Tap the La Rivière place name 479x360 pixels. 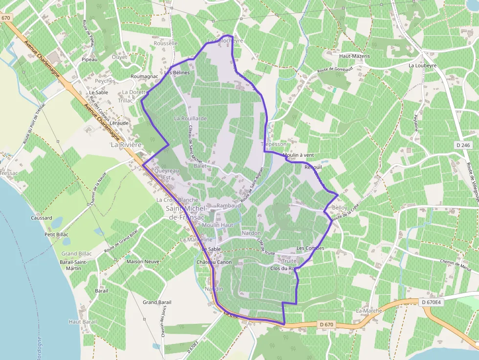click(126, 145)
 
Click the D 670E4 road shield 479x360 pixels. click(431, 302)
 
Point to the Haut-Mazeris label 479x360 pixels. click(354, 56)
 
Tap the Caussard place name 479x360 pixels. click(41, 218)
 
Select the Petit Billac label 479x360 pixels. click(57, 234)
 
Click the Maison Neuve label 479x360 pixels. click(143, 261)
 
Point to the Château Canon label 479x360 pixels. click(214, 262)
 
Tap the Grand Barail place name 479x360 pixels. click(157, 302)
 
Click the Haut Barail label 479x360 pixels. click(83, 322)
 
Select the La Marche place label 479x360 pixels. click(369, 311)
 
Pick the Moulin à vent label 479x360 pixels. click(298, 155)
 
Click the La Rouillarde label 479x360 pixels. click(191, 118)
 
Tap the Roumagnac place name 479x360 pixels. click(144, 77)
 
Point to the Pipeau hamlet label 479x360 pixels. click(89, 60)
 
